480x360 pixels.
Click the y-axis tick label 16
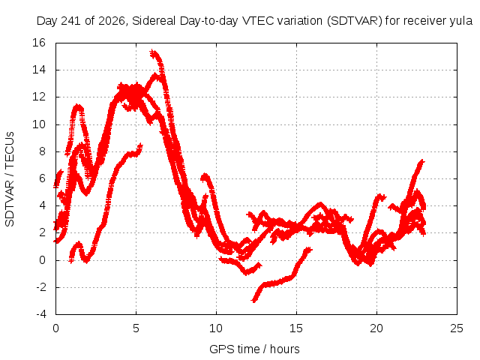(x=39, y=43)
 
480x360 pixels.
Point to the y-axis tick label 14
(x=39, y=70)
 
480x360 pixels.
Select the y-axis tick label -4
(x=40, y=314)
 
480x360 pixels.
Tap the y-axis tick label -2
(x=40, y=287)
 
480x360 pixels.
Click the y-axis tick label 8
(x=42, y=151)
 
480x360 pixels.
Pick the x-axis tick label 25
(x=457, y=328)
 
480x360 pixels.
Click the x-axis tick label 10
(x=216, y=328)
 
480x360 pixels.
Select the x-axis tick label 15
(x=296, y=328)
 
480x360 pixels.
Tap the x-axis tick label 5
(x=136, y=328)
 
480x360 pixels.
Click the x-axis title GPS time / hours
(x=254, y=349)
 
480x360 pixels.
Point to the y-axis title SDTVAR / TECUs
(x=10, y=179)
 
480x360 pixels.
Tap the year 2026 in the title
(x=112, y=22)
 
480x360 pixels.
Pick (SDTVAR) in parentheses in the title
(x=355, y=21)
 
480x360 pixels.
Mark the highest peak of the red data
(x=153, y=53)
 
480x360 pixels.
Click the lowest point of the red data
(x=253, y=301)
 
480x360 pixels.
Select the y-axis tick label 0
(x=42, y=260)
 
